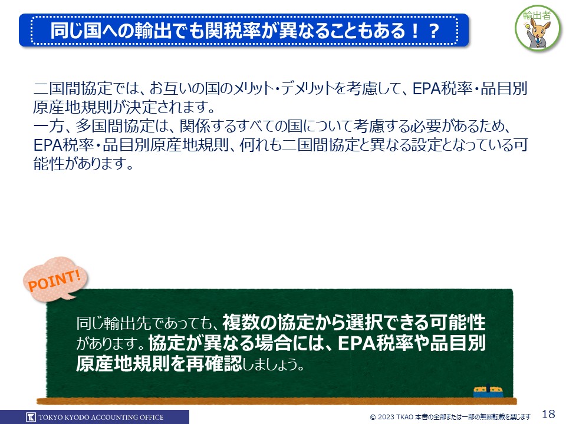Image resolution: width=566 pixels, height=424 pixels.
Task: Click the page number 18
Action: pyautogui.click(x=548, y=413)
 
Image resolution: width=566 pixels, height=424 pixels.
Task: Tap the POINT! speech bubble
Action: pyautogui.click(x=55, y=279)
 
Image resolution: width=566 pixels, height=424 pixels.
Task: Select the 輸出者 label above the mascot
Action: pyautogui.click(x=537, y=15)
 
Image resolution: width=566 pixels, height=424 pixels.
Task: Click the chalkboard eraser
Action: pyautogui.click(x=488, y=391)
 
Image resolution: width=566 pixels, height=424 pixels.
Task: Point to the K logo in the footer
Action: pyautogui.click(x=31, y=417)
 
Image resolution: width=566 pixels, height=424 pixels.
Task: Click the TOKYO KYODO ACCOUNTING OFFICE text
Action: pyautogui.click(x=101, y=418)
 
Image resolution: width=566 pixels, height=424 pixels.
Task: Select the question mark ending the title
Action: pyautogui.click(x=434, y=31)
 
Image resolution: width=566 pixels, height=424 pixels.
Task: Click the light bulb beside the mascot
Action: pyautogui.click(x=526, y=26)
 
